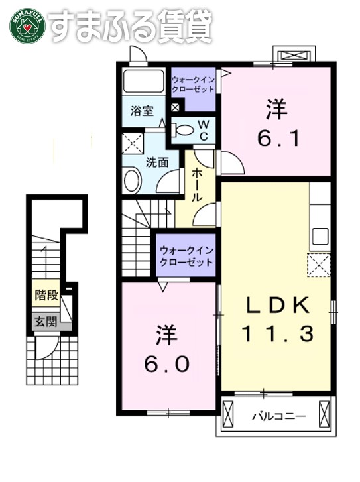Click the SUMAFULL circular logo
click(x=26, y=25)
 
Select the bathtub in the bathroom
click(x=144, y=83)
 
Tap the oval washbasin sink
click(x=132, y=180)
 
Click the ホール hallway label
click(x=197, y=184)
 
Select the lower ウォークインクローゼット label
click(x=186, y=256)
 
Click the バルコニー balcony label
click(x=278, y=417)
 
